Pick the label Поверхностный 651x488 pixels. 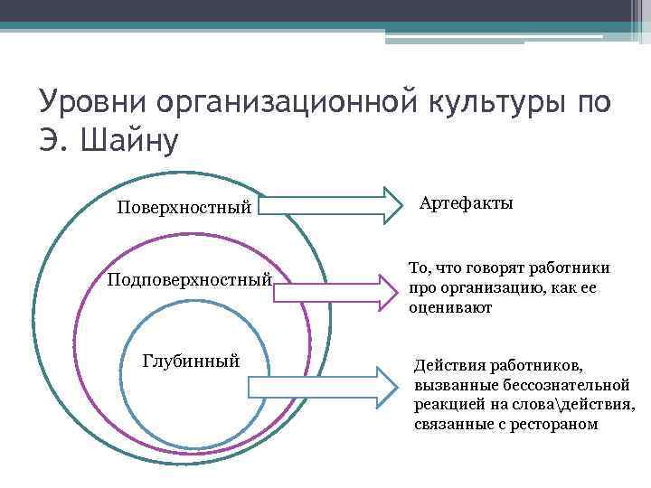pyautogui.click(x=184, y=208)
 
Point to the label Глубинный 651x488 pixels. pyautogui.click(x=192, y=361)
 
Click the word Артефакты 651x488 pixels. pyautogui.click(x=467, y=203)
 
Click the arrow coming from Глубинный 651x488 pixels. pyautogui.click(x=322, y=386)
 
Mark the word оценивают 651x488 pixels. pyautogui.click(x=450, y=307)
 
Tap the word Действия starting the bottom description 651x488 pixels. pyautogui.click(x=449, y=366)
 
